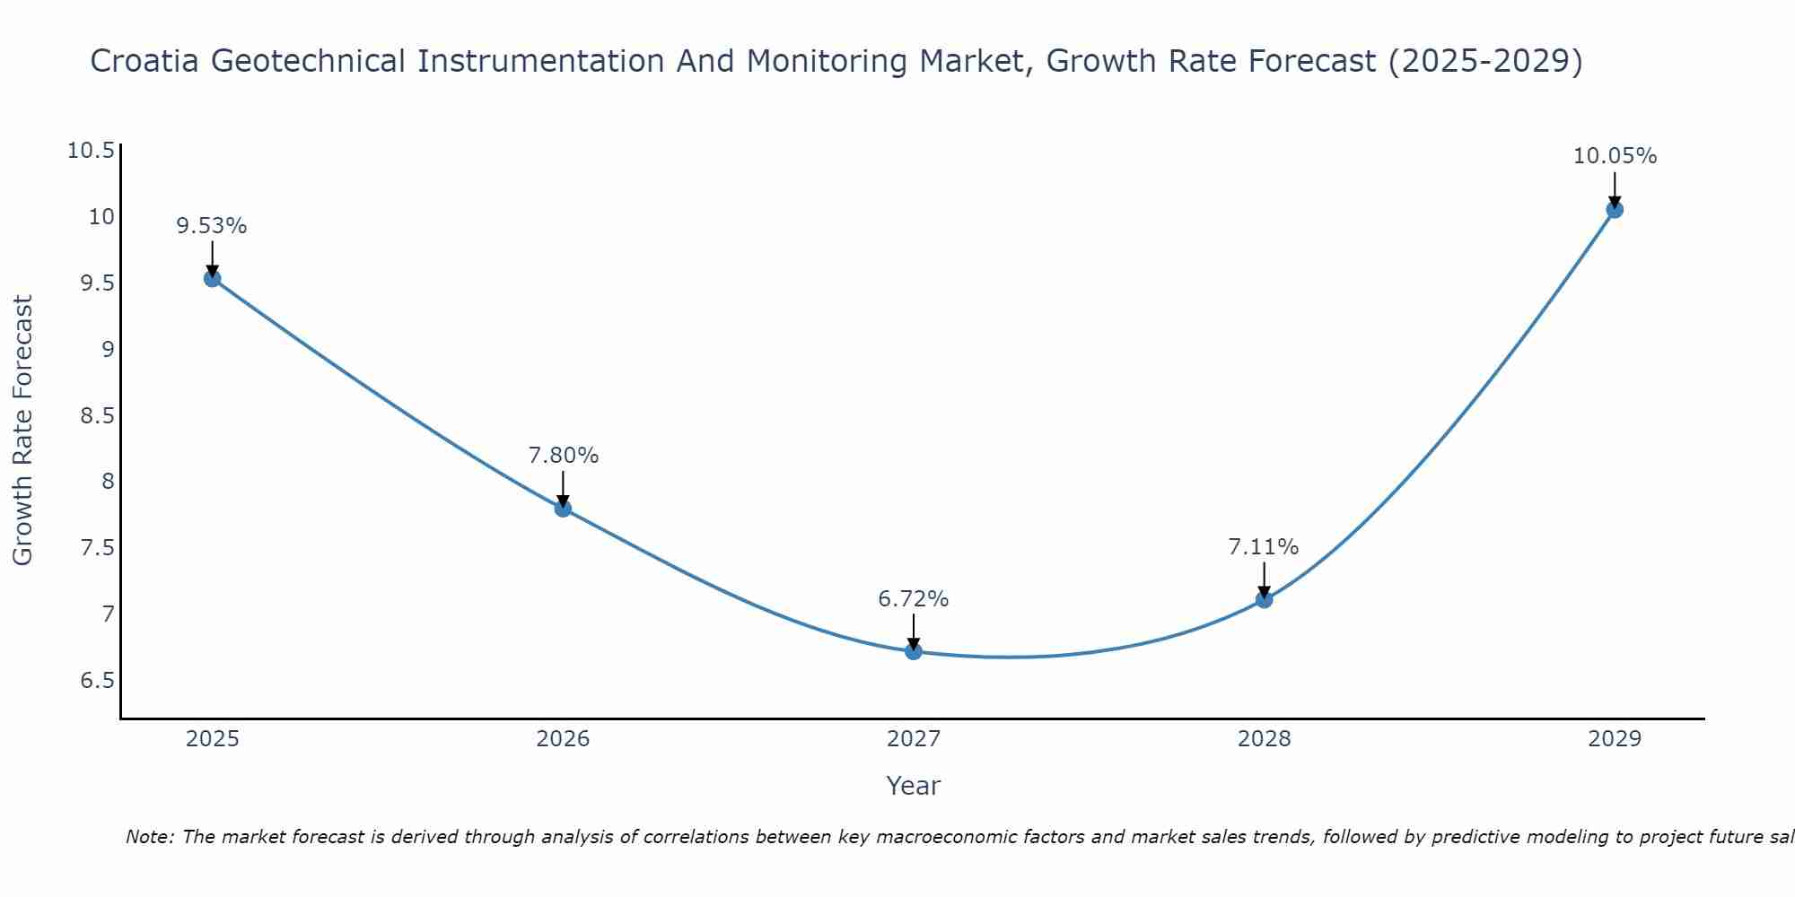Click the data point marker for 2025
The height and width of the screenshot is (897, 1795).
pyautogui.click(x=212, y=278)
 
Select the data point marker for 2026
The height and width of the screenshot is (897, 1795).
pyautogui.click(x=563, y=509)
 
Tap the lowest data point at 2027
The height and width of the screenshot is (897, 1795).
pyautogui.click(x=914, y=651)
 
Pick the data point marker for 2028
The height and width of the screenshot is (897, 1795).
pyautogui.click(x=1264, y=599)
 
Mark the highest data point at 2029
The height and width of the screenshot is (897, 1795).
pyautogui.click(x=1615, y=210)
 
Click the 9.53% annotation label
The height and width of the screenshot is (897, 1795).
pyautogui.click(x=212, y=226)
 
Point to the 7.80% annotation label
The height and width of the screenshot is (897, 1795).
pyautogui.click(x=563, y=456)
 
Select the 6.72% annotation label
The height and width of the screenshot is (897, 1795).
pyautogui.click(x=914, y=599)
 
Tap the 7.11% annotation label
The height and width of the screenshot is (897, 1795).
pyautogui.click(x=1264, y=547)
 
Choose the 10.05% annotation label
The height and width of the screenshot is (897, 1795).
pyautogui.click(x=1615, y=156)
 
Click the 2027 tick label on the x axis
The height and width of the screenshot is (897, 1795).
pyautogui.click(x=914, y=739)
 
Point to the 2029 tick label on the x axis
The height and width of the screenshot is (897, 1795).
pyautogui.click(x=1615, y=739)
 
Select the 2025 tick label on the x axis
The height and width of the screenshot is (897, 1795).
pyautogui.click(x=212, y=739)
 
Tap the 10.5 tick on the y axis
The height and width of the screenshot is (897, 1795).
pyautogui.click(x=92, y=150)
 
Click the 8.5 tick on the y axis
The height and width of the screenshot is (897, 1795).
pyautogui.click(x=98, y=415)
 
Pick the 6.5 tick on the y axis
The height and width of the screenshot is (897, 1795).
pyautogui.click(x=98, y=680)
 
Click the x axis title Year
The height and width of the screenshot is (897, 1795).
pyautogui.click(x=914, y=786)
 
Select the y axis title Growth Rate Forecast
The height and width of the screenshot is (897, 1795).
pyautogui.click(x=23, y=431)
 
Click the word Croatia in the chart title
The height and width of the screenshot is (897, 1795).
pyautogui.click(x=146, y=61)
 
